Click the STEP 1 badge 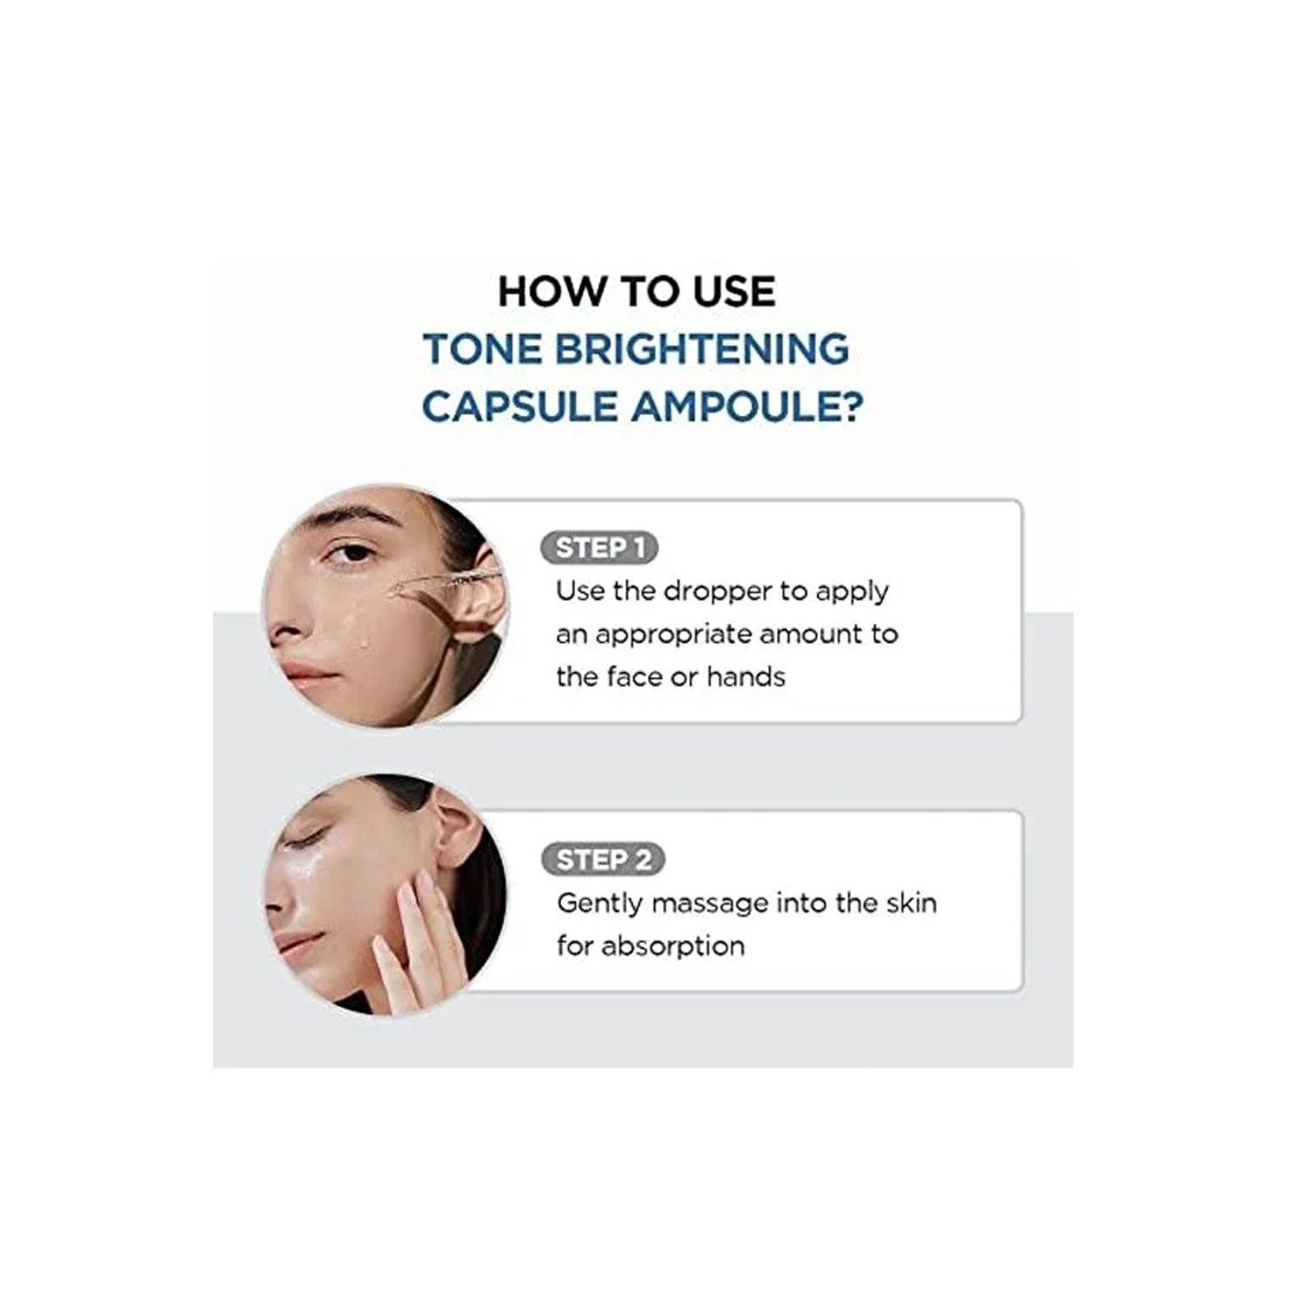[x=599, y=548]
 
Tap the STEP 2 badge [x=602, y=860]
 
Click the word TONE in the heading [x=481, y=350]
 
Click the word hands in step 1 [x=746, y=677]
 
